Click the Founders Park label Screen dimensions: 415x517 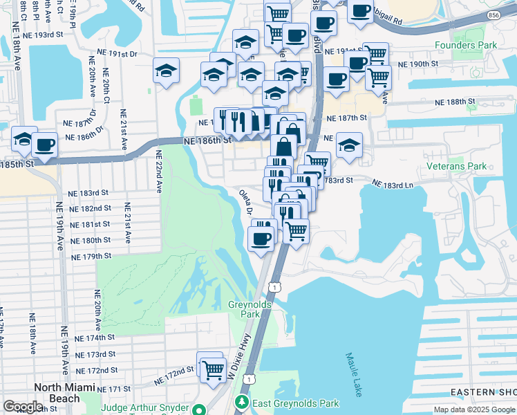[466, 46]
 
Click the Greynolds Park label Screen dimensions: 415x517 [245, 309]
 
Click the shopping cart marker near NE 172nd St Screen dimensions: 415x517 [211, 367]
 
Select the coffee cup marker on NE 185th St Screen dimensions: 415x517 [45, 145]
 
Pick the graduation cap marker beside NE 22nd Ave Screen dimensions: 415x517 [166, 71]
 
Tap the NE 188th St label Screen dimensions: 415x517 [455, 102]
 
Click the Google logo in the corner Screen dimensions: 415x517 [23, 407]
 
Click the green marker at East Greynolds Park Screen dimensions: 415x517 [242, 402]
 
